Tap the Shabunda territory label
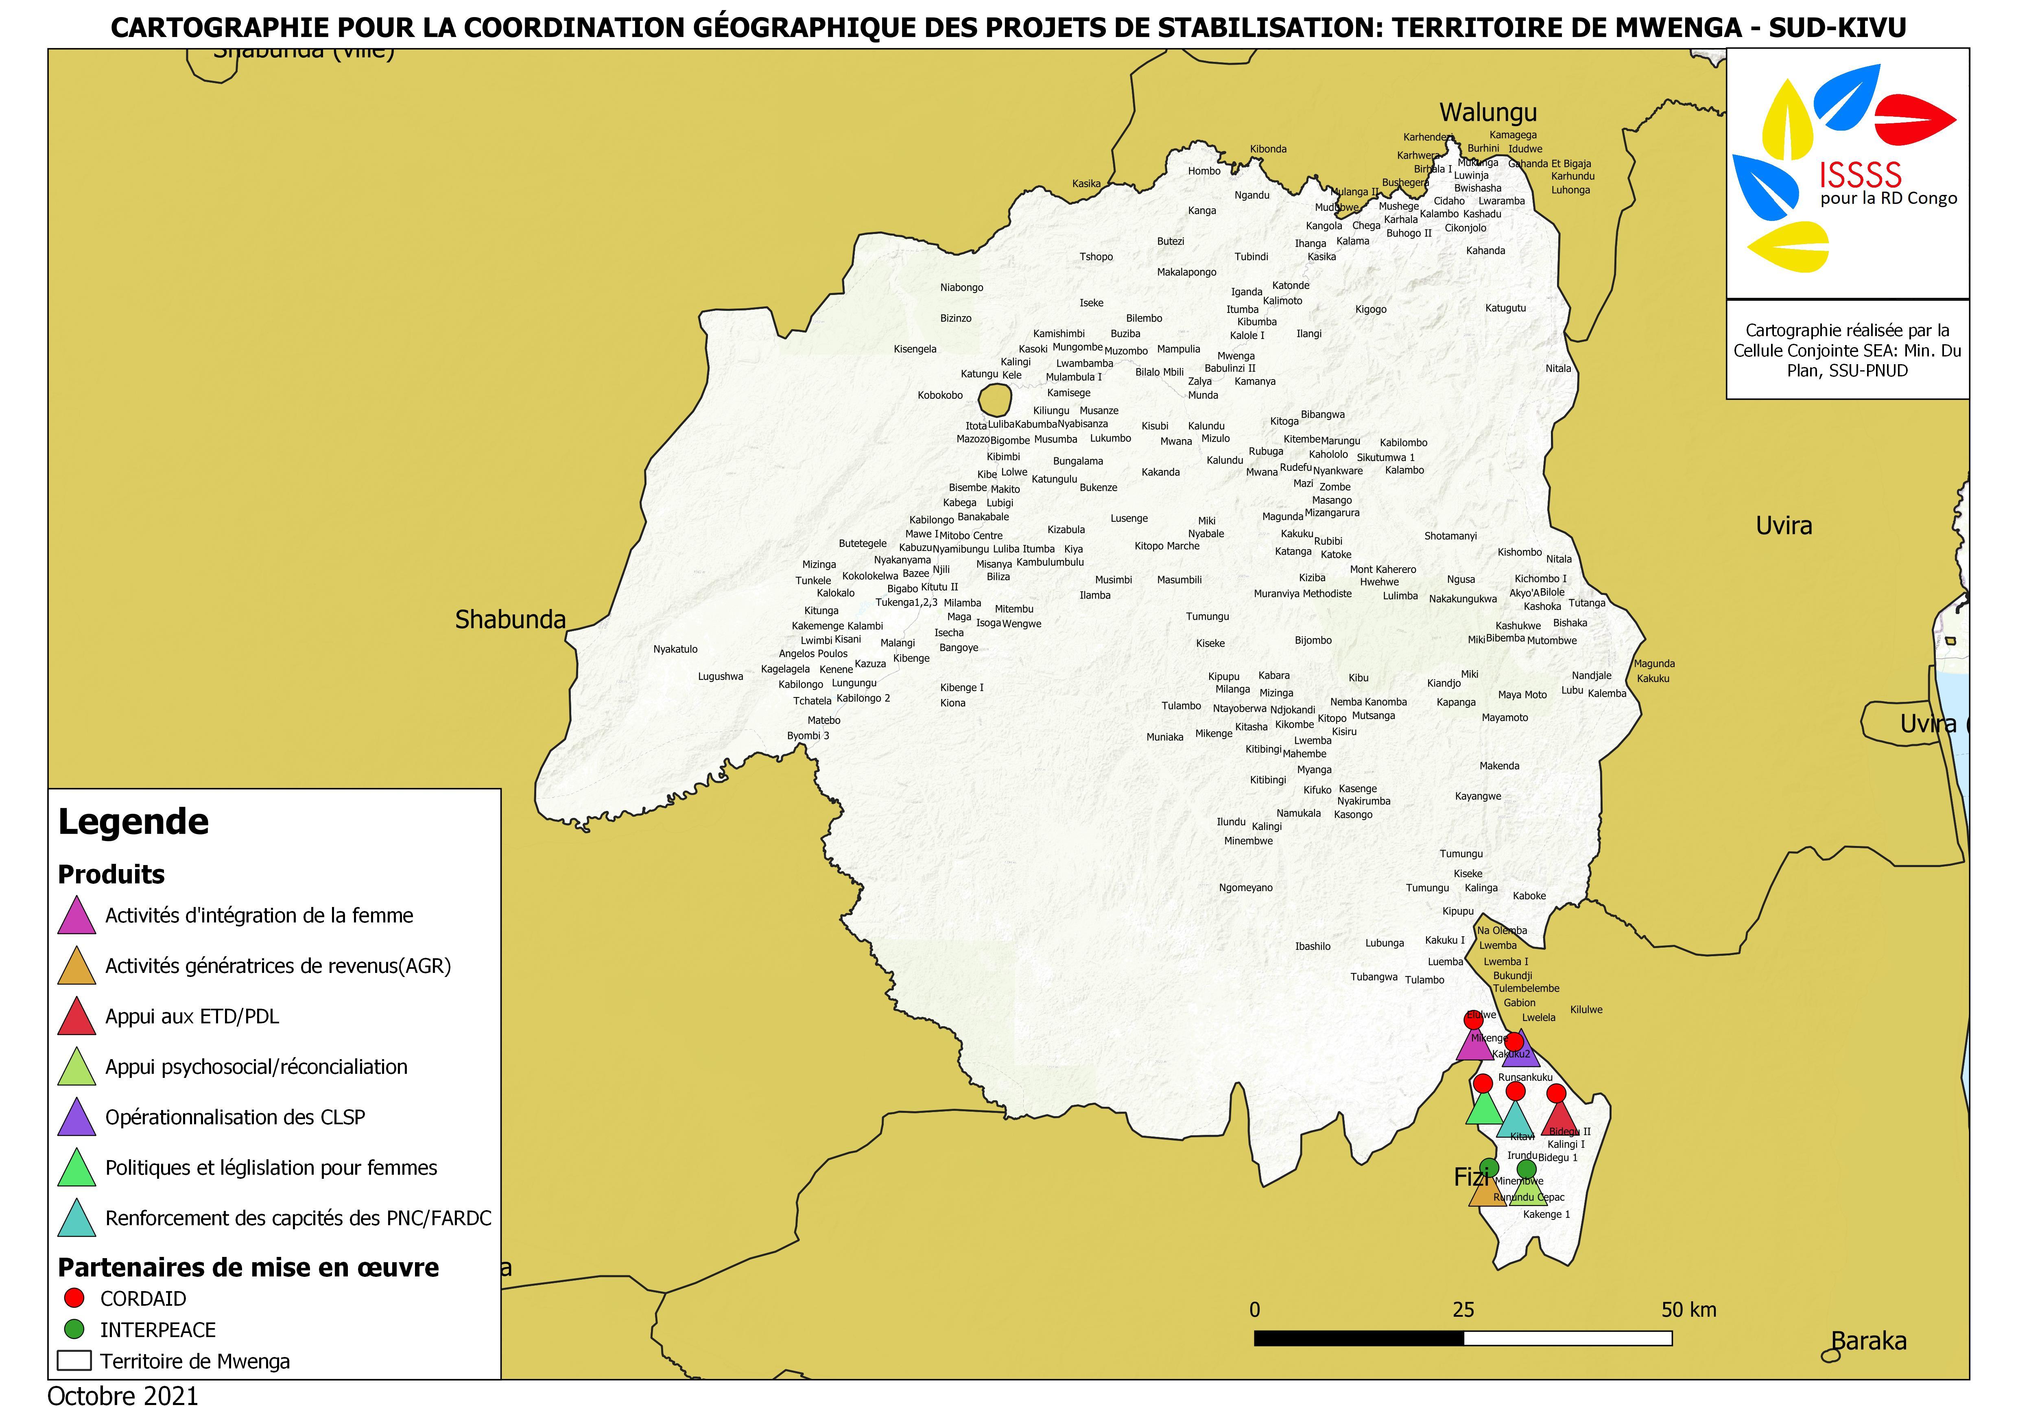pyautogui.click(x=510, y=620)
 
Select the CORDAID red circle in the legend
pyautogui.click(x=75, y=1298)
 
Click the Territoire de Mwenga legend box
pyautogui.click(x=75, y=1360)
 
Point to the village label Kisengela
pyautogui.click(x=915, y=349)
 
